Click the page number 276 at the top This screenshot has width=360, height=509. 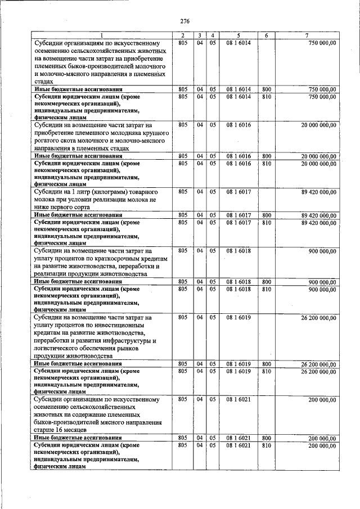[184, 21]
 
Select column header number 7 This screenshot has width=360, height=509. [306, 36]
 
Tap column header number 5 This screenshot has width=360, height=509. [238, 36]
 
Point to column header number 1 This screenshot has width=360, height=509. [102, 36]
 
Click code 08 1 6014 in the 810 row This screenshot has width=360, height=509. [238, 96]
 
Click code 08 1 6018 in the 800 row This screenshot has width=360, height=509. [238, 281]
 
